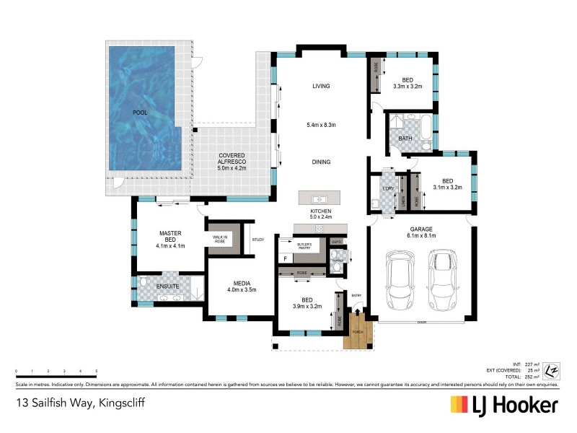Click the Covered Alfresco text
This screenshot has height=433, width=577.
tap(232, 159)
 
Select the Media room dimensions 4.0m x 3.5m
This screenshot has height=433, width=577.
tap(242, 290)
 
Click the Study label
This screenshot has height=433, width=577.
tap(258, 240)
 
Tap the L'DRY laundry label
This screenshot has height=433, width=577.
tap(388, 189)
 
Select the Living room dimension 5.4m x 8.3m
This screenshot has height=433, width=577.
tap(321, 125)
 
